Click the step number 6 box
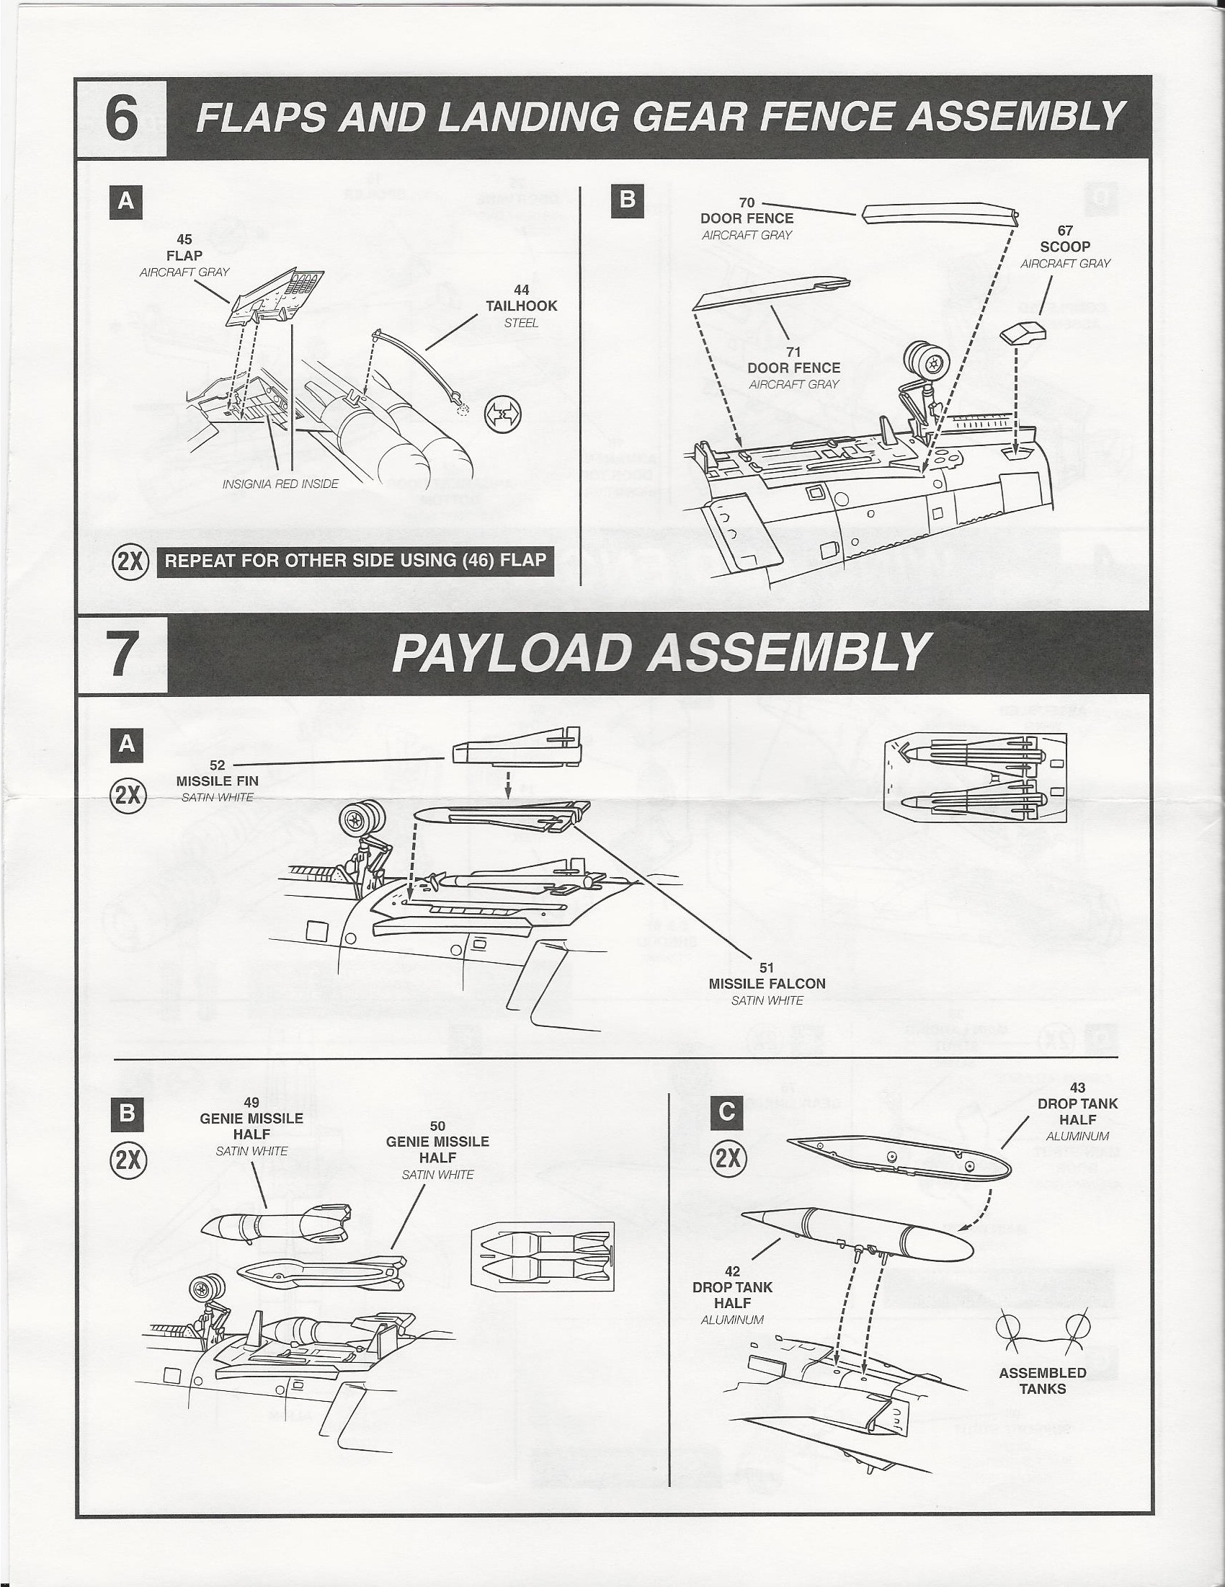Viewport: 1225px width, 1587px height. tap(121, 117)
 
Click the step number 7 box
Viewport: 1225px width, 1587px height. tap(121, 654)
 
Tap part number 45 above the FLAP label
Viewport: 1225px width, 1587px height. tap(184, 239)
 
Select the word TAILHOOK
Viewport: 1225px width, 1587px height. tap(521, 306)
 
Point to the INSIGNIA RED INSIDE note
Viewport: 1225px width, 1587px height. tap(280, 484)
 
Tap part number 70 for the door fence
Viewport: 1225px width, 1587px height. tap(747, 203)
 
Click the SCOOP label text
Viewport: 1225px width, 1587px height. tap(1065, 246)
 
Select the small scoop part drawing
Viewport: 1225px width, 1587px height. tap(1022, 334)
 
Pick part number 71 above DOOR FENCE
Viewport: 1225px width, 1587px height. tap(793, 352)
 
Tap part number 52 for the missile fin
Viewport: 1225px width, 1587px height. tap(217, 765)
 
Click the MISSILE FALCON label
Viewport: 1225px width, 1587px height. tap(767, 983)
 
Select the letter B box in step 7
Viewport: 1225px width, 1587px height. tap(127, 1113)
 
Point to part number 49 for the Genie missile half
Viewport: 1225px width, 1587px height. tap(251, 1103)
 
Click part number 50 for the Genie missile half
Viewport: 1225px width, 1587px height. tap(437, 1126)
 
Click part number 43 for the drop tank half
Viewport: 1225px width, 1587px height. tap(1077, 1088)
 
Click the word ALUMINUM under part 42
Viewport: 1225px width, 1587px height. tap(731, 1320)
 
